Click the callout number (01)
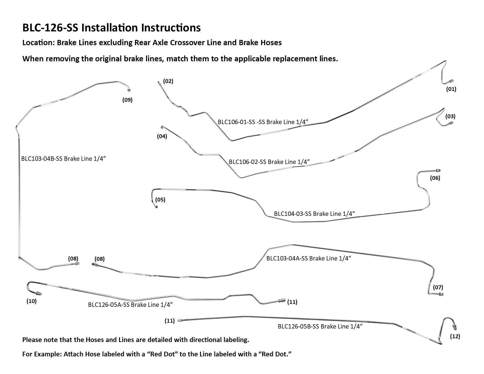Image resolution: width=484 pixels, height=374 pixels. (451, 89)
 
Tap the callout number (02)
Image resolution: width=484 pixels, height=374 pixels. (168, 81)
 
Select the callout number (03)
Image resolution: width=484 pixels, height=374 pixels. (450, 116)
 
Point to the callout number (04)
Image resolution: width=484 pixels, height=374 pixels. (162, 136)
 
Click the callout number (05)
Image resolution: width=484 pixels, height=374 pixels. (160, 200)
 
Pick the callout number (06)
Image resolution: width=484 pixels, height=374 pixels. (435, 178)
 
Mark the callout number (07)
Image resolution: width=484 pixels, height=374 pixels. (438, 287)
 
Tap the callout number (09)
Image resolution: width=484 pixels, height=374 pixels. (127, 100)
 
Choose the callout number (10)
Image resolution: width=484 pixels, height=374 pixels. (31, 301)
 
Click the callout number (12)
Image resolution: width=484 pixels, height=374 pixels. (455, 336)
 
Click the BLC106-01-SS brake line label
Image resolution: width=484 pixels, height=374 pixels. (263, 122)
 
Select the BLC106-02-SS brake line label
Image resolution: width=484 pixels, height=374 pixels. (269, 162)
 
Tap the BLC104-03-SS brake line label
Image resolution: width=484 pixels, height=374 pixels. (314, 214)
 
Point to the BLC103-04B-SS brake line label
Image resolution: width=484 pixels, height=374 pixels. (63, 159)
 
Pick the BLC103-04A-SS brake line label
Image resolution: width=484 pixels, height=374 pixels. (309, 258)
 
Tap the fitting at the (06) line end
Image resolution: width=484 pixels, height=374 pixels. (438, 170)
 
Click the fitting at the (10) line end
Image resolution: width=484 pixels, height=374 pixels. (38, 293)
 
